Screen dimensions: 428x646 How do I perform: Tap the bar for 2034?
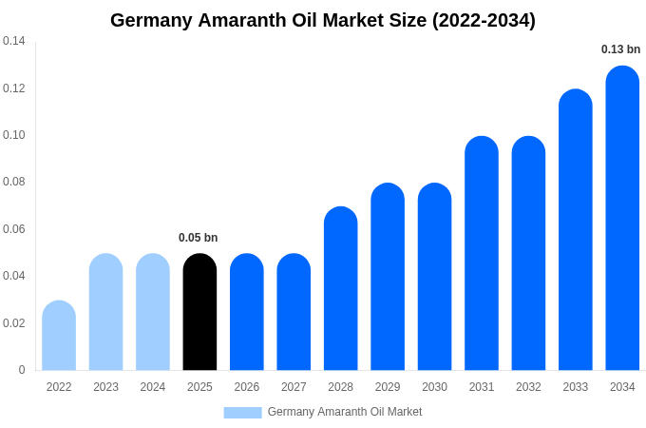pos(622,219)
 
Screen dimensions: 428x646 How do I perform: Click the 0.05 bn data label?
pos(199,238)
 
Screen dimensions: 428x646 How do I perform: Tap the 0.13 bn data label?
pos(620,49)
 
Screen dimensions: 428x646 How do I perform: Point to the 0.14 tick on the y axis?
pos(14,41)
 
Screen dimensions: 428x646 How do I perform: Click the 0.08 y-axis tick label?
pos(14,182)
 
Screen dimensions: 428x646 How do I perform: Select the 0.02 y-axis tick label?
pos(14,323)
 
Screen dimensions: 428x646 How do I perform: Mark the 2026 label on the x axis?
pos(247,387)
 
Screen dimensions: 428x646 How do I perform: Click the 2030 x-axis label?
pos(434,387)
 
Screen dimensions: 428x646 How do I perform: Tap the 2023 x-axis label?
pos(105,387)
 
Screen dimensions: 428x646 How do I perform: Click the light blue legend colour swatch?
pos(242,412)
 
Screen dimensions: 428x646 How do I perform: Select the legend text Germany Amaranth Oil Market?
pos(345,412)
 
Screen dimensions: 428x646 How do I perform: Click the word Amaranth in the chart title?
pos(244,20)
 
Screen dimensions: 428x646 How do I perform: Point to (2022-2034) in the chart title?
pos(484,20)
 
